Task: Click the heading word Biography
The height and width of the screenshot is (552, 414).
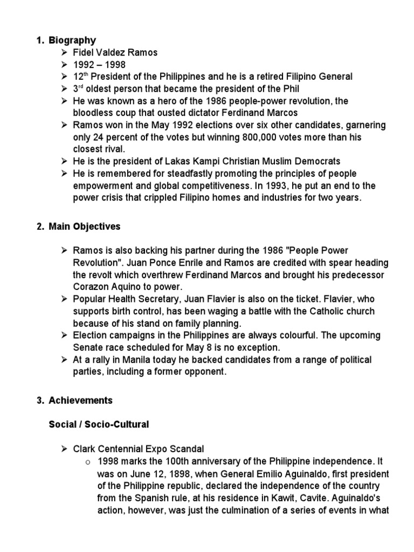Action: pyautogui.click(x=72, y=40)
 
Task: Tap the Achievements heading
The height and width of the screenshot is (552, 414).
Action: pyautogui.click(x=80, y=401)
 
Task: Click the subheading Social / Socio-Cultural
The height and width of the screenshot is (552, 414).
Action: pyautogui.click(x=99, y=425)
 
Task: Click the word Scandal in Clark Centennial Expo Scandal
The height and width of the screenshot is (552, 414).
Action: pyautogui.click(x=187, y=448)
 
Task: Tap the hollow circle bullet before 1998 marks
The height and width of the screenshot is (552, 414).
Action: pyautogui.click(x=87, y=461)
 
